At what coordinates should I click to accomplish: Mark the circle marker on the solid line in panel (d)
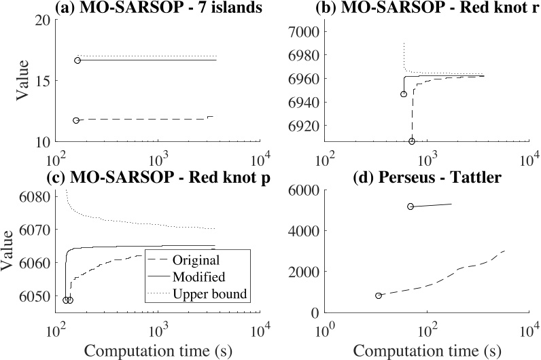click(x=411, y=206)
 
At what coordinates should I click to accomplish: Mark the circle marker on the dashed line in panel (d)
click(x=379, y=295)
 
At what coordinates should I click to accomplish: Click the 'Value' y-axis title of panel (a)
click(x=20, y=81)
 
